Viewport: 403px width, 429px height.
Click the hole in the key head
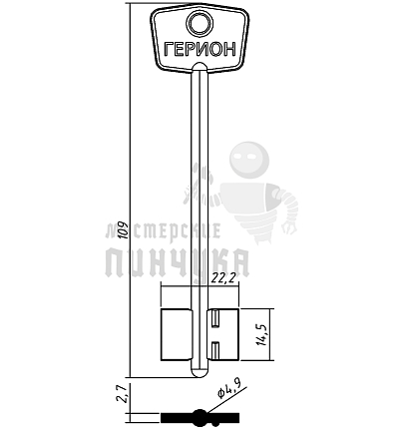tap(200, 23)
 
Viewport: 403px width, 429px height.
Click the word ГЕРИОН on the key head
tap(201, 49)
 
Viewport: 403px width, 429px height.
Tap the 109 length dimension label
tap(123, 230)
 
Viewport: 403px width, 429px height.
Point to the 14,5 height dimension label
tap(263, 334)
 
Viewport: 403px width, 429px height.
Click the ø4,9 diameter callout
tap(228, 390)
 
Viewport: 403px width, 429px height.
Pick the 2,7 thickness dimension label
tap(123, 394)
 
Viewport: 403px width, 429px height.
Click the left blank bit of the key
tap(177, 334)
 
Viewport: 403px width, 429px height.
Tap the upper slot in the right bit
tap(215, 318)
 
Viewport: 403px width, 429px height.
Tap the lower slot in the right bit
tap(215, 350)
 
